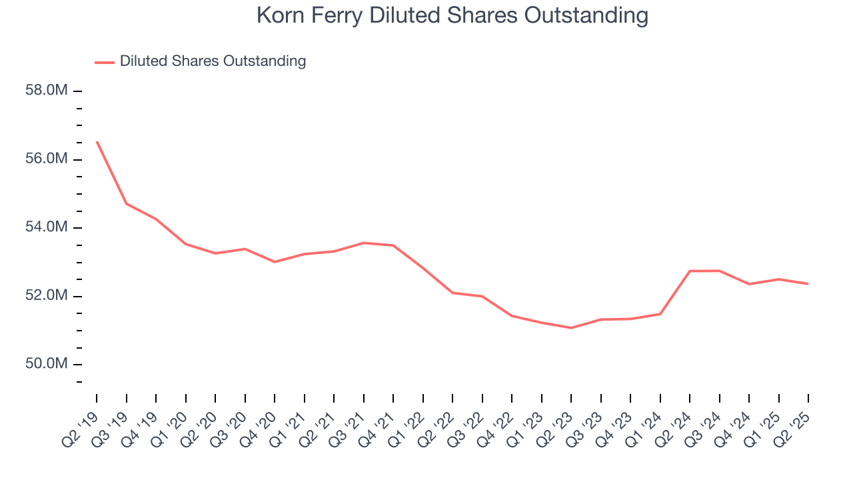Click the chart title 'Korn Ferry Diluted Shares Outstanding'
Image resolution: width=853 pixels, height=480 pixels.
coord(452,16)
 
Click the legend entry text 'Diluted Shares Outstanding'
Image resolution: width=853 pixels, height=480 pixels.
coord(213,61)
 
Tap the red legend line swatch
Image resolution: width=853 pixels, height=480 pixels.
coord(105,62)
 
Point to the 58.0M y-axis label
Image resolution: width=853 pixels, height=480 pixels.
coord(47,91)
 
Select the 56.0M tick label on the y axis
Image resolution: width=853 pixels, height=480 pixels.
coord(47,159)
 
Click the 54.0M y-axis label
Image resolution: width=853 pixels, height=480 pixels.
coord(47,227)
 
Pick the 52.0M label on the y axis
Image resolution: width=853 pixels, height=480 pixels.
coord(47,296)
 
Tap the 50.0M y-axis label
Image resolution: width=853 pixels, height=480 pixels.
coord(47,364)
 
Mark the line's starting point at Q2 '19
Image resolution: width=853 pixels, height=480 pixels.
coord(97,141)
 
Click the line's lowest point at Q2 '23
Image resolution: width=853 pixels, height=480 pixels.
coord(571,328)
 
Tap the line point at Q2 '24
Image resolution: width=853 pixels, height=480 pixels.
coord(690,271)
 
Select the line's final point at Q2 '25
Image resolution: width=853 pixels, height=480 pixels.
coord(808,284)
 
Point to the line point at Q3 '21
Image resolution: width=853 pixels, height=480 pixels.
coord(364,243)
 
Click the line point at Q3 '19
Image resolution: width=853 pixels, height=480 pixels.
coord(127,203)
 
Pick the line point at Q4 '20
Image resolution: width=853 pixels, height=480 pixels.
coord(275,262)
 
